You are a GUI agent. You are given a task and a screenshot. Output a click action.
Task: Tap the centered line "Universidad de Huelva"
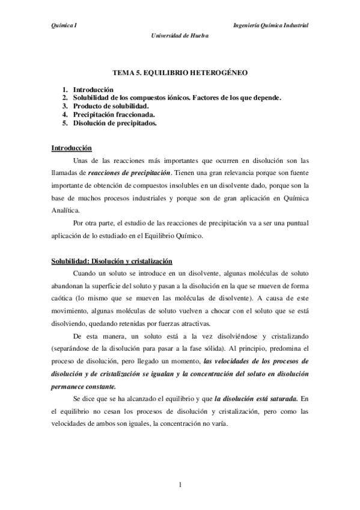coord(180,35)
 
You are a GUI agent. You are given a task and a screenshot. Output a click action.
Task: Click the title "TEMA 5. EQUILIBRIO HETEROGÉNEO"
coord(180,72)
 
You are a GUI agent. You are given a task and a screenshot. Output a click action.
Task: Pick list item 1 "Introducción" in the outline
coord(92,89)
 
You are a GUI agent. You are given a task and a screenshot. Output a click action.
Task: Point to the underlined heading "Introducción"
coord(72,147)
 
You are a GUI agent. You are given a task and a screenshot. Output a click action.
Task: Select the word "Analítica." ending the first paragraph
coord(67,210)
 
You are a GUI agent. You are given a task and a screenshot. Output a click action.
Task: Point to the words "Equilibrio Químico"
coord(175,236)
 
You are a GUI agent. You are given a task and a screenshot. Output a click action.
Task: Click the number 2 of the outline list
coord(64,97)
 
